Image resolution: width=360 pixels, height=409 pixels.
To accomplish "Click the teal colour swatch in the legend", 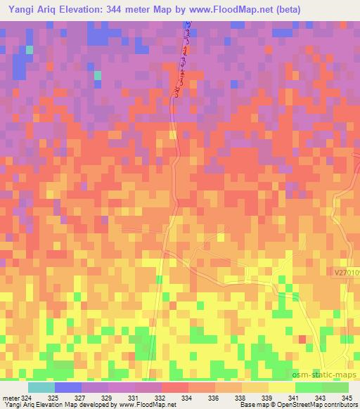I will (x=41, y=388).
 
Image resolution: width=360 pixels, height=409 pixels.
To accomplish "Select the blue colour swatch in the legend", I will (x=67, y=388).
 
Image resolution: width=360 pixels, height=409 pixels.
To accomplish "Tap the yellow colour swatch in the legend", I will (x=281, y=388).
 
